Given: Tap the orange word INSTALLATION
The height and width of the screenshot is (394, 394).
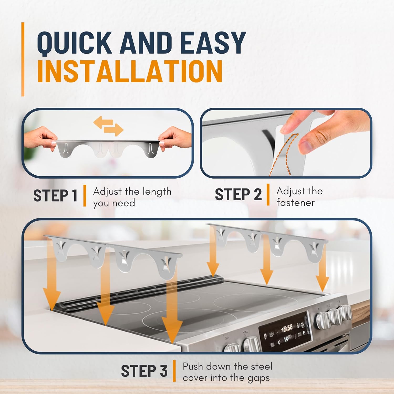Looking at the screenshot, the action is click(130, 71).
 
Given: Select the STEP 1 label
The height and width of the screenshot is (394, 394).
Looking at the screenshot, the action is click(55, 196).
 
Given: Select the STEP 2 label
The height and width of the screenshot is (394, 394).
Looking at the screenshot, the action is click(238, 195).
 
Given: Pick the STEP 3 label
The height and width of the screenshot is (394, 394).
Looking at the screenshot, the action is click(144, 371).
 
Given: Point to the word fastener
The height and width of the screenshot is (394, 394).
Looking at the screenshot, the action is click(295, 203).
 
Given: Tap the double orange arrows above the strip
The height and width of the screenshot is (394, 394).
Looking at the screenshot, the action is click(108, 126).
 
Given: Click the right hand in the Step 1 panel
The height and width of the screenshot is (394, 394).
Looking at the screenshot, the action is click(175, 138).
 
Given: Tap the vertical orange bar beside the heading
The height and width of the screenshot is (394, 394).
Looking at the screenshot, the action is click(23, 59).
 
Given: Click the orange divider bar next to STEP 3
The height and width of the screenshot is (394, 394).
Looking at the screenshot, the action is click(174, 371).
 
